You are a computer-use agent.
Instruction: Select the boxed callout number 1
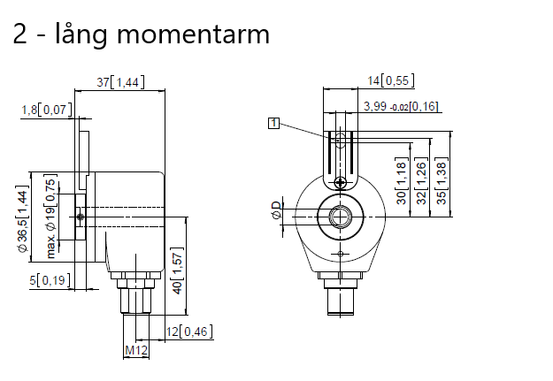(274, 124)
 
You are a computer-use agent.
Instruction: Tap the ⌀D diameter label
(276, 212)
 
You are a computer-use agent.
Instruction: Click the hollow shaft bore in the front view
(341, 216)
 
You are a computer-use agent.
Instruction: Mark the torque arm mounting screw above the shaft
(341, 182)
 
